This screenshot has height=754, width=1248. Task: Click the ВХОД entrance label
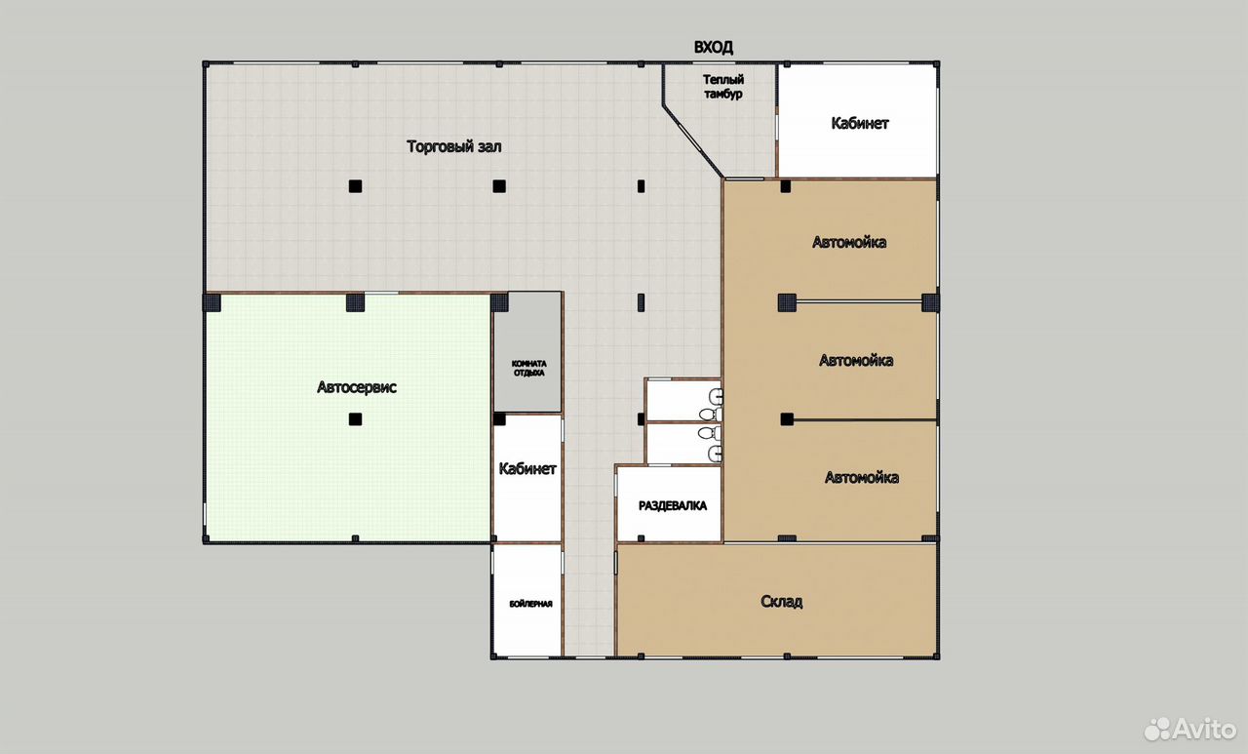click(x=713, y=48)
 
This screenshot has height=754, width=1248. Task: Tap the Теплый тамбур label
click(x=723, y=87)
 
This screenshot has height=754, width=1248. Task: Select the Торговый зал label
click(x=454, y=146)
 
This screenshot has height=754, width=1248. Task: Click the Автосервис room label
click(x=357, y=386)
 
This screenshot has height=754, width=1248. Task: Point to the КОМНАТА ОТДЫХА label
click(x=528, y=369)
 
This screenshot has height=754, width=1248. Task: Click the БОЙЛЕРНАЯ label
click(x=531, y=604)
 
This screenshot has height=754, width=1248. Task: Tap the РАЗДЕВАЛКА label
click(x=673, y=505)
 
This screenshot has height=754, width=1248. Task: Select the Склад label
click(x=781, y=601)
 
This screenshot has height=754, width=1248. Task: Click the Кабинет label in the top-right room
click(x=860, y=123)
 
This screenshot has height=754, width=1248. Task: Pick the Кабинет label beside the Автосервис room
click(x=527, y=468)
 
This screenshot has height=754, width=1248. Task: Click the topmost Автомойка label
click(x=849, y=242)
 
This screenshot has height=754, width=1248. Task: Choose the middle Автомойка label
click(x=856, y=361)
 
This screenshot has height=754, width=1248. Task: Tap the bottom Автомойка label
click(x=861, y=478)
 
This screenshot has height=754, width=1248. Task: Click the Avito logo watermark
click(x=1190, y=729)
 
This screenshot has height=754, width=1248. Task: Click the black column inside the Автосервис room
click(x=355, y=419)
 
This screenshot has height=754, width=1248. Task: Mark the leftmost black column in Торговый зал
click(x=355, y=186)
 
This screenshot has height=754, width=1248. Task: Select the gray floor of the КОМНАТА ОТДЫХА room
click(x=527, y=353)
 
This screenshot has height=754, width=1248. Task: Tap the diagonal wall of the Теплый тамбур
click(x=693, y=141)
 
